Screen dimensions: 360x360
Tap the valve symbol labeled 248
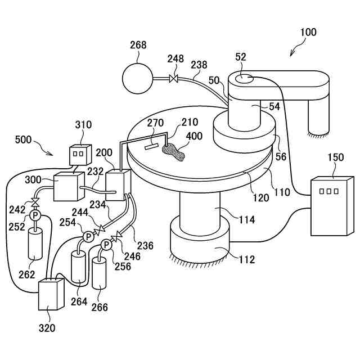click(174, 79)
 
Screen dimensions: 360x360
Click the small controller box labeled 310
click(79, 154)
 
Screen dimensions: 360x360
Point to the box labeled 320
click(52, 294)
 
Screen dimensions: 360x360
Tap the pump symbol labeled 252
click(35, 215)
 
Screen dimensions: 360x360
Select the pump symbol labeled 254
click(87, 237)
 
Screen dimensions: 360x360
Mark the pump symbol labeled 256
click(106, 245)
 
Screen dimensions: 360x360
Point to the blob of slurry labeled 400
click(173, 150)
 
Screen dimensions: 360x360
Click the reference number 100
click(308, 32)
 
